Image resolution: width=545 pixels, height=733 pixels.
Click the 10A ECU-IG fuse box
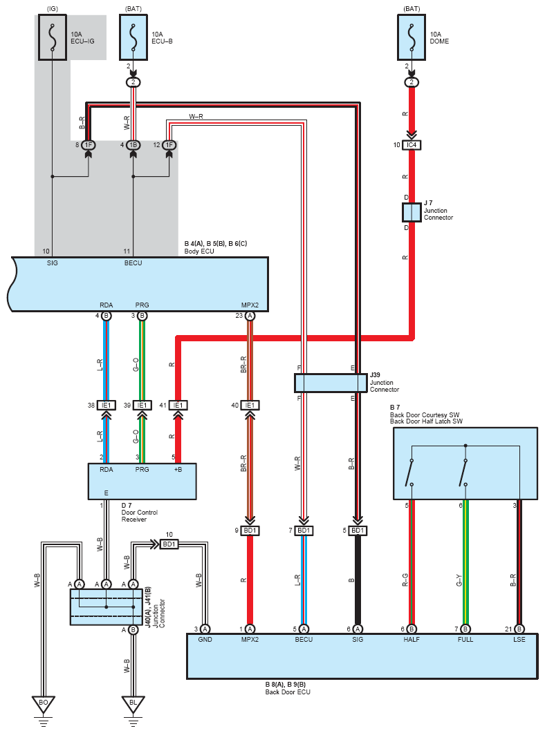[x=53, y=37]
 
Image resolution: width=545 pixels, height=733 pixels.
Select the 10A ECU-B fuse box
[x=133, y=37]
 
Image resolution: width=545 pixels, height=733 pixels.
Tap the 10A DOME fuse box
[x=412, y=37]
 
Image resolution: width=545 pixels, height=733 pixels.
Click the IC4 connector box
[x=412, y=145]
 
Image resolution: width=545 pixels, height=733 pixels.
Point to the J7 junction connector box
[x=412, y=212]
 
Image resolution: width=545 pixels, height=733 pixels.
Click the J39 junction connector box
[x=331, y=383]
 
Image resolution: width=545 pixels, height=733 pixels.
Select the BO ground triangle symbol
[x=44, y=704]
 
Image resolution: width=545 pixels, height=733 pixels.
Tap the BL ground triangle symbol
[x=133, y=704]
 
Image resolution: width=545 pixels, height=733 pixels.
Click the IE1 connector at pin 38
[x=107, y=406]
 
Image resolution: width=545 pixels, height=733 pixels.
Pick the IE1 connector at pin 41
[x=178, y=406]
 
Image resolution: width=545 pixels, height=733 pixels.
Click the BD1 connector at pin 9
[x=250, y=531]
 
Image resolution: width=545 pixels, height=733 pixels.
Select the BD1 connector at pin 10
[x=169, y=544]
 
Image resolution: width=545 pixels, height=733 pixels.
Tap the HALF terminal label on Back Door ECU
[x=412, y=640]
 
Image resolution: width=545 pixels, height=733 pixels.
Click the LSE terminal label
[x=519, y=640]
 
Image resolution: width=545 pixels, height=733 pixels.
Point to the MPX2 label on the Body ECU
[x=250, y=305]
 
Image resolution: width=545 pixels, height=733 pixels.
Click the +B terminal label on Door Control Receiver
[x=178, y=469]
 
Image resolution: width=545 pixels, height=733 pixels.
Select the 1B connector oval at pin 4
[x=133, y=145]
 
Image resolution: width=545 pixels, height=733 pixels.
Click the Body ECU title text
[x=199, y=251]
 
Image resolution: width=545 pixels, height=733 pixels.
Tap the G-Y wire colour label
[x=459, y=580]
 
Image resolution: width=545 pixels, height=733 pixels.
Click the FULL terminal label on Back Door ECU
[x=465, y=640]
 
